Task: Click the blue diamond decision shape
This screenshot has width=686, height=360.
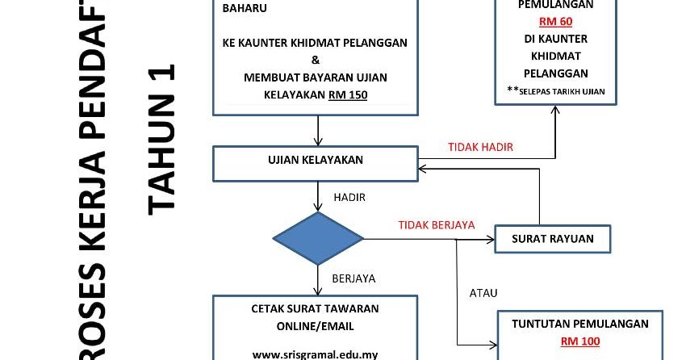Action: click(318, 239)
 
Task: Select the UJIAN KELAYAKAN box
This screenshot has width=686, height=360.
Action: click(315, 160)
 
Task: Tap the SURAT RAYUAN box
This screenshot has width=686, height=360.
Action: click(553, 238)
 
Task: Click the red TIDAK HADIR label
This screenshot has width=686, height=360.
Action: click(481, 147)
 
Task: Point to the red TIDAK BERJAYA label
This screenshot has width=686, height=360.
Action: click(437, 225)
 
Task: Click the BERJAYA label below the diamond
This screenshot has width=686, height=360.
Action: click(353, 278)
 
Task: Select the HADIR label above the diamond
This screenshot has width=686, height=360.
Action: click(349, 196)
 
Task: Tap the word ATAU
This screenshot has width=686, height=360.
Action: click(483, 292)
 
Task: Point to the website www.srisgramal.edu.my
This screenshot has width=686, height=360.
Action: click(315, 354)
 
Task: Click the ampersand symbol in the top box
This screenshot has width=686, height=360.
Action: click(315, 60)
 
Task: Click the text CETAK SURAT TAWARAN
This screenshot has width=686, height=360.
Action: click(315, 308)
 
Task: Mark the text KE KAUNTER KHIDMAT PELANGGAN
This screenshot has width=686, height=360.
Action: click(315, 43)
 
